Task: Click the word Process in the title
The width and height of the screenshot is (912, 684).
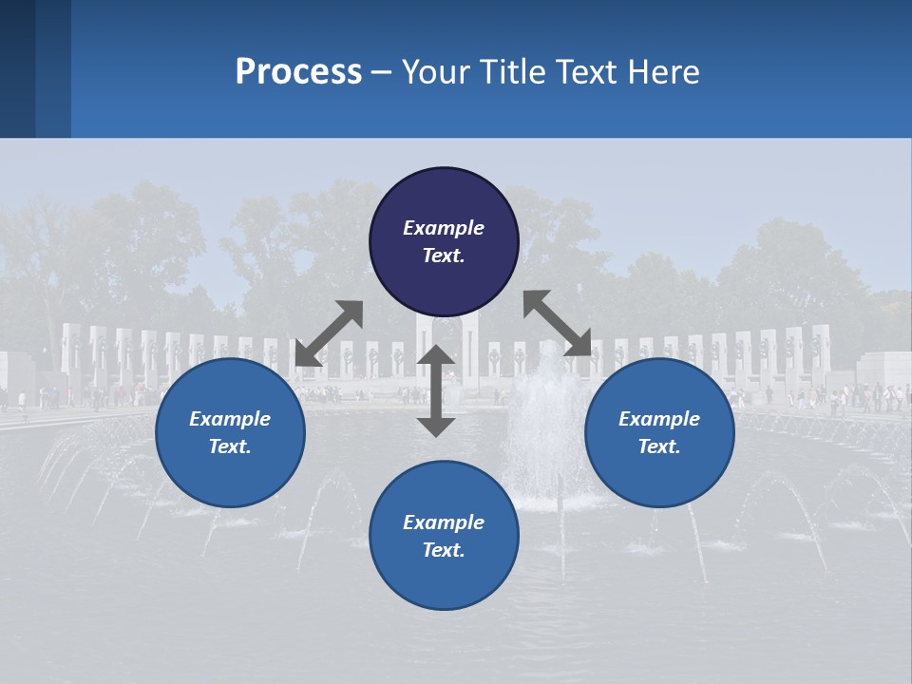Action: pyautogui.click(x=298, y=72)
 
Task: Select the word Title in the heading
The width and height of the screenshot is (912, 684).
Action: pyautogui.click(x=513, y=72)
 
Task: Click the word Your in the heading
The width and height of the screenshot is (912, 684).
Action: pyautogui.click(x=438, y=72)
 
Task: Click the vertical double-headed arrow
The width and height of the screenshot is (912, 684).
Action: pyautogui.click(x=436, y=390)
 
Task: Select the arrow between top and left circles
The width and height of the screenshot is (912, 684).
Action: pyautogui.click(x=329, y=333)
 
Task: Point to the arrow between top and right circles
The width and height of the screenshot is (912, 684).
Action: pyautogui.click(x=558, y=323)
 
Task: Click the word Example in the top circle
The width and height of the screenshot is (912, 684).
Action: pyautogui.click(x=444, y=228)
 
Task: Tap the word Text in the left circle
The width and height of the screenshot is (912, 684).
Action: pyautogui.click(x=230, y=446)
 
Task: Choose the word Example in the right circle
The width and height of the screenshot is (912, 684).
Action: pyautogui.click(x=659, y=419)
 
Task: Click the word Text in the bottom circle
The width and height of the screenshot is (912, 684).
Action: pyautogui.click(x=444, y=550)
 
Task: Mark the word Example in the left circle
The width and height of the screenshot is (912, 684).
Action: pyautogui.click(x=230, y=419)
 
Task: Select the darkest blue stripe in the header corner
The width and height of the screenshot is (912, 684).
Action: pyautogui.click(x=17, y=68)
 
